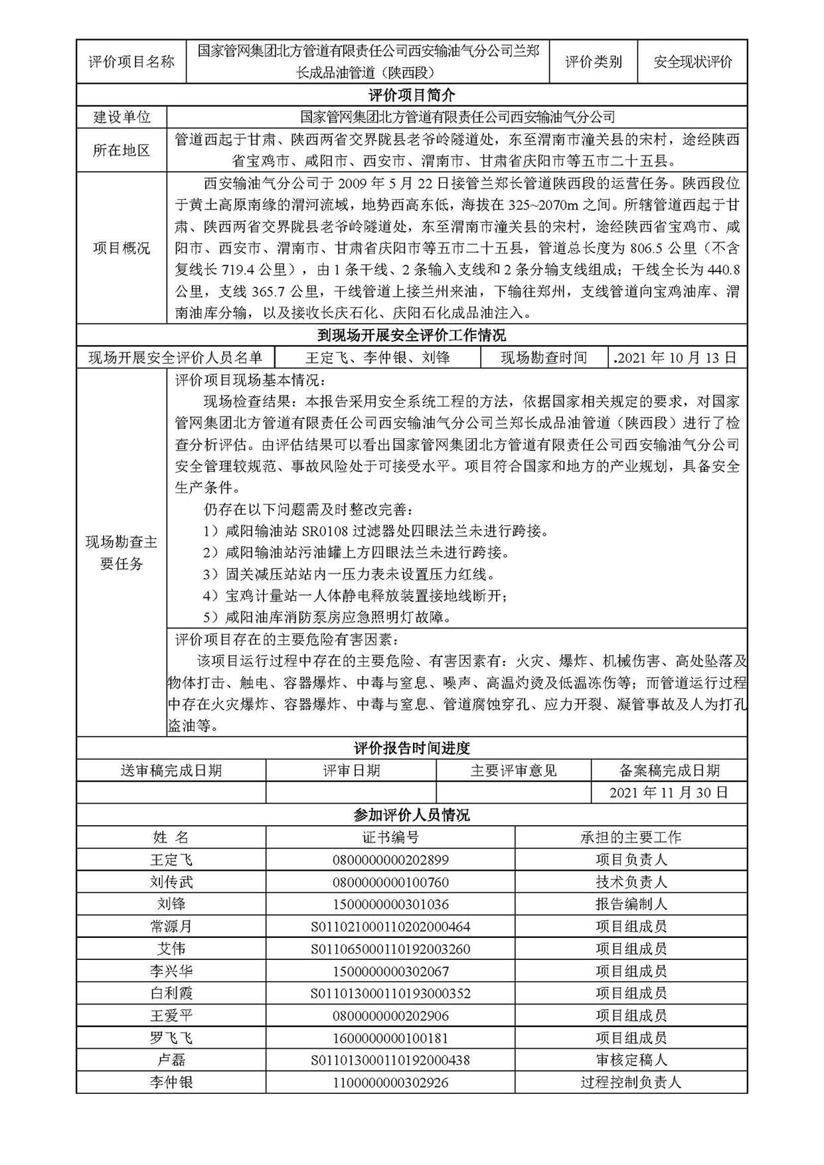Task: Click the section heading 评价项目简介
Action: [412, 95]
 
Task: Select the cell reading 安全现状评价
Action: [693, 62]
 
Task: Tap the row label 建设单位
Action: [122, 117]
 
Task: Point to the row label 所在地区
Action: [122, 150]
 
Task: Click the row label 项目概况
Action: [122, 248]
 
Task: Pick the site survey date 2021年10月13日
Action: [677, 358]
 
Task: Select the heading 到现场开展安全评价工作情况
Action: [412, 335]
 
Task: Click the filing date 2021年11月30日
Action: [669, 792]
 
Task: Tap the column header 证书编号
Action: [390, 837]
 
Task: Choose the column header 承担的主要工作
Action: [631, 837]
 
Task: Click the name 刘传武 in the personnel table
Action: [171, 882]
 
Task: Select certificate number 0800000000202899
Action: [390, 860]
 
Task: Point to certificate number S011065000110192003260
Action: [390, 949]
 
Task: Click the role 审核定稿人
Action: [631, 1060]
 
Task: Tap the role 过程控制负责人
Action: [631, 1083]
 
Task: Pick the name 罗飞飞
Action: [171, 1038]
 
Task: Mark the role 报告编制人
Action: [631, 904]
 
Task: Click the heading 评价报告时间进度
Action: [412, 749]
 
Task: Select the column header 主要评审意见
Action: [513, 771]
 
